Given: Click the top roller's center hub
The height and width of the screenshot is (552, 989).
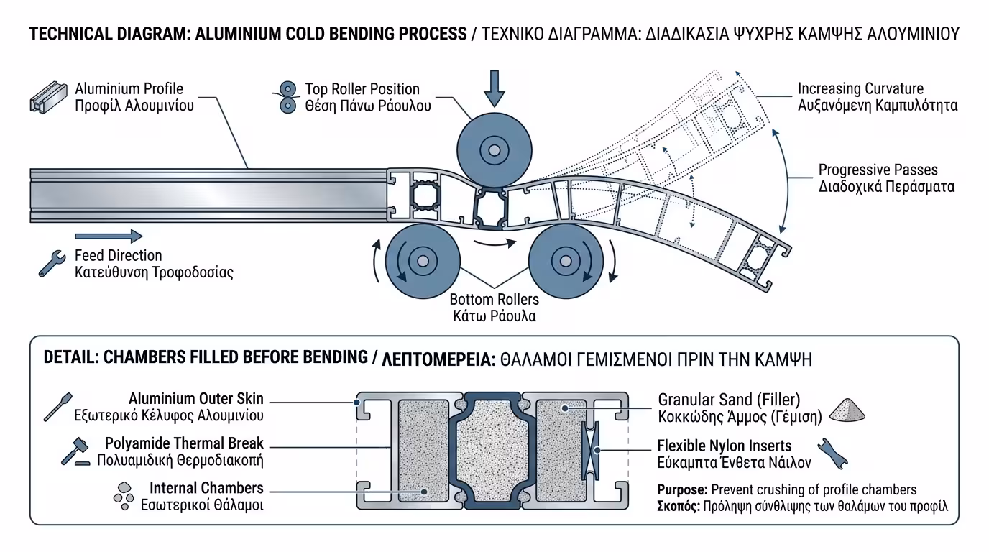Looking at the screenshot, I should pos(493,151).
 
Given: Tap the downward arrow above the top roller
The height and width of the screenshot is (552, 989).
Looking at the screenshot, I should pos(494,88).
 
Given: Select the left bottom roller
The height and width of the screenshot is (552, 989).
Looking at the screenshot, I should pos(422,260).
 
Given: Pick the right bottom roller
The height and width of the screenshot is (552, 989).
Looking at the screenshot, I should pos(565,260).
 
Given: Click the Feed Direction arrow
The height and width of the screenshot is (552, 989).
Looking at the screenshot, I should pos(109,236).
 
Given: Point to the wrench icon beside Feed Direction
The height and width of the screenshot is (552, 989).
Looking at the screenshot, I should pos(52,264).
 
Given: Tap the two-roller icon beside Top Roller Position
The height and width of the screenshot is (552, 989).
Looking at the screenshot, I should pos(287,97).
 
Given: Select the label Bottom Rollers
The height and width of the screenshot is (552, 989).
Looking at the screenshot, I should pos(494,299).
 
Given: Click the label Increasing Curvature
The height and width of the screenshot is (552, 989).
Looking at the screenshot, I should pos(860,89).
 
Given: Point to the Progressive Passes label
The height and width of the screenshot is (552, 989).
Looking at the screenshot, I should pos(878,170).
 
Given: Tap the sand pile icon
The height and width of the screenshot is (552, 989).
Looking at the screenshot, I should pos(847,409).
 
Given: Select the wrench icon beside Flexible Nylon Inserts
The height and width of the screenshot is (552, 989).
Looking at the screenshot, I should pos(833,454).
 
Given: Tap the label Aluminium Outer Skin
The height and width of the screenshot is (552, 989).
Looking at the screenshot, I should pos(196,398).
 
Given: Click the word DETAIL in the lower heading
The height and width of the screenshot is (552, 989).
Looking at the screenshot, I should pos(70,358).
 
